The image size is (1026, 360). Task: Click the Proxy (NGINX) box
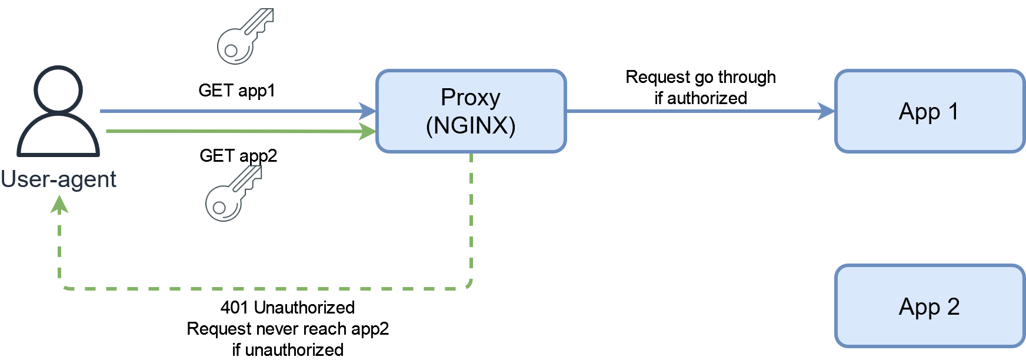pyautogui.click(x=471, y=111)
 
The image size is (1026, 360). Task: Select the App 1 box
pyautogui.click(x=930, y=111)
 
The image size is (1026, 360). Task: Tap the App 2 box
pyautogui.click(x=930, y=306)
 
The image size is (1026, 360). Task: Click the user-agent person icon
pyautogui.click(x=58, y=111)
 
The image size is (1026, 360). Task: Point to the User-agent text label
pyautogui.click(x=58, y=179)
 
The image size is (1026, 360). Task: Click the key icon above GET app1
pyautogui.click(x=245, y=36)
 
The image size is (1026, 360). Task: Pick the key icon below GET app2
pyautogui.click(x=234, y=193)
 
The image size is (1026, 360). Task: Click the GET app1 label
pyautogui.click(x=236, y=91)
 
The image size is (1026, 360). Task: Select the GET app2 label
pyautogui.click(x=238, y=156)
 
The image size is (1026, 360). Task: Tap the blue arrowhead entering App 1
pyautogui.click(x=827, y=111)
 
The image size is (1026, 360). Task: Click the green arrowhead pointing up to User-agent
pyautogui.click(x=59, y=204)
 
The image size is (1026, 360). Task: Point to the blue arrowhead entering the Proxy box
pyautogui.click(x=368, y=111)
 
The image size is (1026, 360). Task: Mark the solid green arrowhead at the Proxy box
pyautogui.click(x=368, y=131)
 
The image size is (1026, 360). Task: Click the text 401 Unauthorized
pyautogui.click(x=288, y=307)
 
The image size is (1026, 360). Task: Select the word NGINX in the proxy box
pyautogui.click(x=471, y=125)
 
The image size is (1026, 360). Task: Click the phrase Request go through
pyautogui.click(x=701, y=77)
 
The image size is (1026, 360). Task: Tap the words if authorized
pyautogui.click(x=701, y=98)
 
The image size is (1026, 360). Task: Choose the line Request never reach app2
pyautogui.click(x=288, y=328)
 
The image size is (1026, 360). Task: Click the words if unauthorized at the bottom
pyautogui.click(x=288, y=349)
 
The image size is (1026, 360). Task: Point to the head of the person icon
pyautogui.click(x=58, y=89)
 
